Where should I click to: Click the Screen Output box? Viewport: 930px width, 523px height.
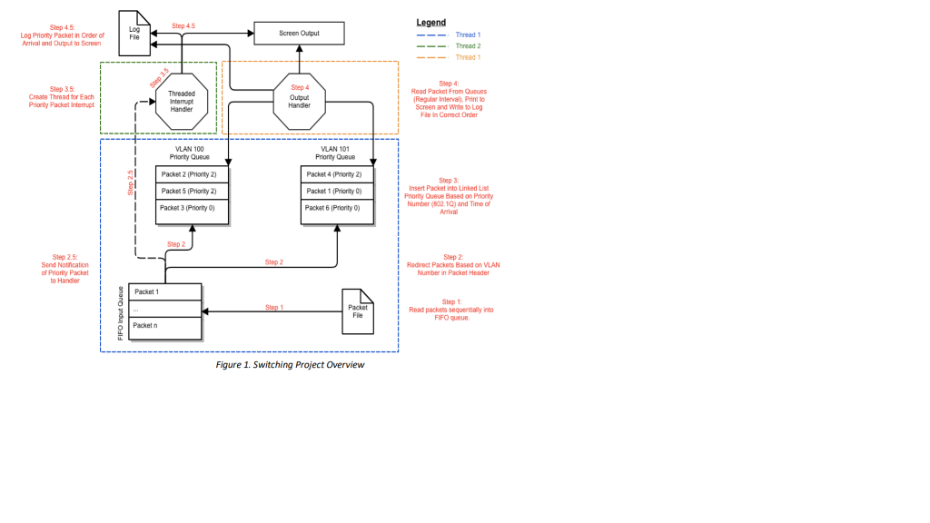(299, 34)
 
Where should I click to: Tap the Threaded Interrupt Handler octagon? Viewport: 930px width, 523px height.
(182, 102)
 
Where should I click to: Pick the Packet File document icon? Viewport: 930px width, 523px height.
(357, 310)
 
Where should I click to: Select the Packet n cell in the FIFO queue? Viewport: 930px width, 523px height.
(164, 325)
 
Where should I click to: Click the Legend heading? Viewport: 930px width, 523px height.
(431, 22)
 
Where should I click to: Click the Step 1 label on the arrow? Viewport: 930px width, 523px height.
(273, 308)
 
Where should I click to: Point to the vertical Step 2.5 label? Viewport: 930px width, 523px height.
(130, 183)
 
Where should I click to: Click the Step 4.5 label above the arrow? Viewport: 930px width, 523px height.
(183, 26)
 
